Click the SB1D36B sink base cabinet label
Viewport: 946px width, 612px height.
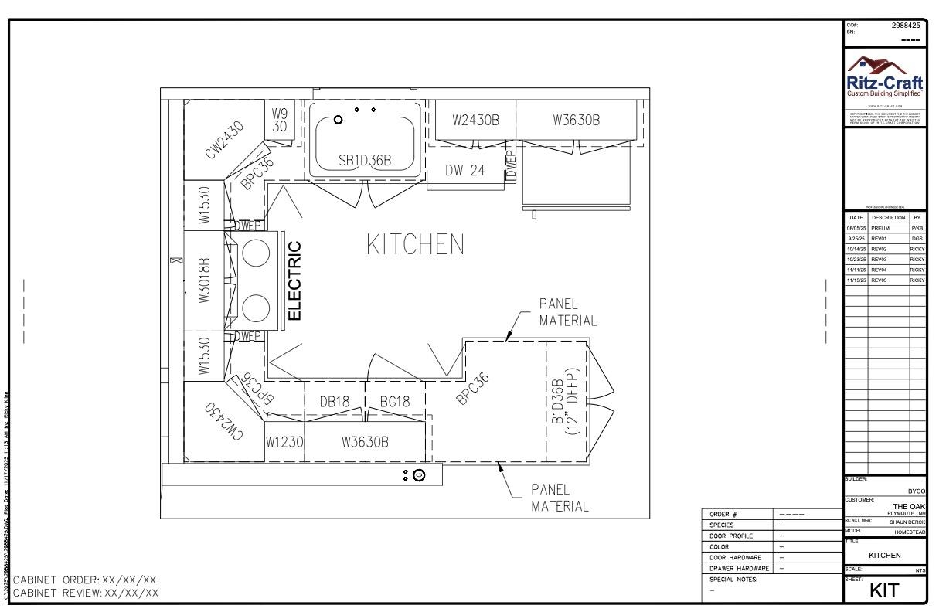(365, 160)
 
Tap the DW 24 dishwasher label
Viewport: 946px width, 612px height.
(465, 171)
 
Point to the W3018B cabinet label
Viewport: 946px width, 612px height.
(204, 281)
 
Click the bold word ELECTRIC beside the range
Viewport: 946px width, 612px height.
(294, 280)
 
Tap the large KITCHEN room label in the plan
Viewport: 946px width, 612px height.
(415, 245)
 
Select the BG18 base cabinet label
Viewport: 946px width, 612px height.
(395, 401)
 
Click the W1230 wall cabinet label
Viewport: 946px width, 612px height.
(284, 442)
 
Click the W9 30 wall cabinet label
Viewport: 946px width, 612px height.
(280, 121)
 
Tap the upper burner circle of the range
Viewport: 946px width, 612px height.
(255, 253)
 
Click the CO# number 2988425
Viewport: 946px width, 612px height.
(908, 25)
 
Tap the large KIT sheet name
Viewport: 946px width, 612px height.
(885, 590)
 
